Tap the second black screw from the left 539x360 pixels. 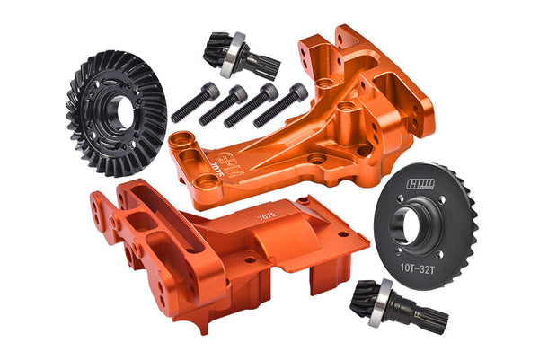tap(223, 104)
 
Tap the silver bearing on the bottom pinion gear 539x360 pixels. tap(384, 293)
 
